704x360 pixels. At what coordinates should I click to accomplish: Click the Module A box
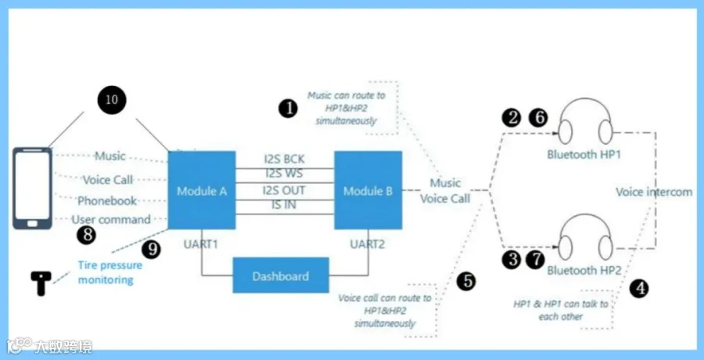[x=202, y=190]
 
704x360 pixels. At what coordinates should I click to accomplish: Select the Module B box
[x=368, y=190]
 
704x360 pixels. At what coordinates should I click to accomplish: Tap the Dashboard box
[x=281, y=275]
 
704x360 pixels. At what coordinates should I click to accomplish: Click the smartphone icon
[x=32, y=189]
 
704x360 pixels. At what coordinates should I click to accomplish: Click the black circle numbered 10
[x=111, y=99]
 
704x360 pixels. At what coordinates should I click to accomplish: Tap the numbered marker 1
[x=288, y=109]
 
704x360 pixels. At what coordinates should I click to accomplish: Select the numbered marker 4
[x=639, y=288]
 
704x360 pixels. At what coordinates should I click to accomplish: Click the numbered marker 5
[x=466, y=282]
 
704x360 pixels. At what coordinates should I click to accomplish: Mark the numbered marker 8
[x=86, y=235]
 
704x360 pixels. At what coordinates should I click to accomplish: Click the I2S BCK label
[x=285, y=158]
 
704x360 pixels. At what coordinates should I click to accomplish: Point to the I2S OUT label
[x=284, y=190]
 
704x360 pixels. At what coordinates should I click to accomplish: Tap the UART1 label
[x=200, y=244]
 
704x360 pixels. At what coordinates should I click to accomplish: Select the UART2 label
[x=368, y=244]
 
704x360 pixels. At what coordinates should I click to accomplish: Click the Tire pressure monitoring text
[x=110, y=272]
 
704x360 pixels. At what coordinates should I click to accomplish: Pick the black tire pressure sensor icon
[x=41, y=283]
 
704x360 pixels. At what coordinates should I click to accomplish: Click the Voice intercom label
[x=654, y=193]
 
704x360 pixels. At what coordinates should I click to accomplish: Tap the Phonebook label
[x=107, y=200]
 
